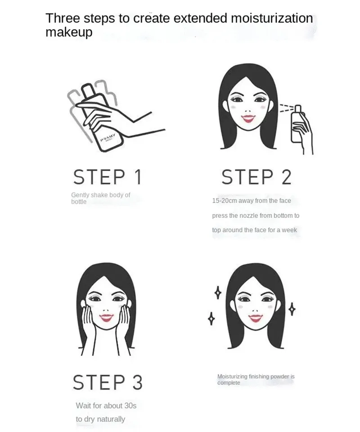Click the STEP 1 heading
[x=108, y=177]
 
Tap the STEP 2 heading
[x=256, y=177]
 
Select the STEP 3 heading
[x=108, y=382]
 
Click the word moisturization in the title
[x=272, y=18]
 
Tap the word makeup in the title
[x=69, y=32]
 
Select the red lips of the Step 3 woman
[x=106, y=318]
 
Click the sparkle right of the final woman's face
[x=292, y=309]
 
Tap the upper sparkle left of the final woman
[x=218, y=292]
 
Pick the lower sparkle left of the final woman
[x=211, y=319]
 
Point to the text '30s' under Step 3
[x=130, y=405]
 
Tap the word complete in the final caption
[x=229, y=382]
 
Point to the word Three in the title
[x=63, y=18]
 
